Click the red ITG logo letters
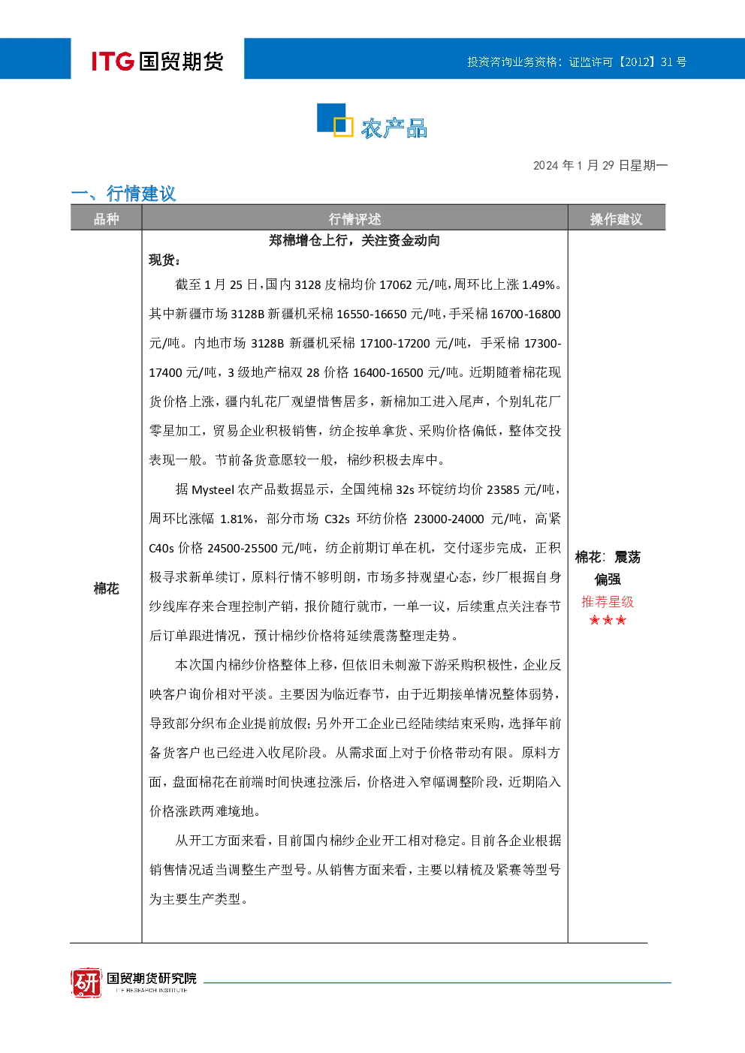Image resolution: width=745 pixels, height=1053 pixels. [x=113, y=61]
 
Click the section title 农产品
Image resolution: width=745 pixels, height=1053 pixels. [x=394, y=128]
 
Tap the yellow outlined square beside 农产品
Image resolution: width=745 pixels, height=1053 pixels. [x=343, y=126]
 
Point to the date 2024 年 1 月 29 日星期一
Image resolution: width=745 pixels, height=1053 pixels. [x=600, y=165]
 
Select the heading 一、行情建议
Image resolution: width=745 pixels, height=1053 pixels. [x=123, y=193]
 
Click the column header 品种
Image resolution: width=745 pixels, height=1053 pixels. [x=107, y=219]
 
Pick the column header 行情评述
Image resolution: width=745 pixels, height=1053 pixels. [x=354, y=219]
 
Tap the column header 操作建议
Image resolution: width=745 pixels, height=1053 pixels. [x=616, y=219]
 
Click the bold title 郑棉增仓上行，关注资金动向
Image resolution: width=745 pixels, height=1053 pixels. [x=354, y=241]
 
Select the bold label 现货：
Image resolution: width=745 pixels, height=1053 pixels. [x=164, y=260]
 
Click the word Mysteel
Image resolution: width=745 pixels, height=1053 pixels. [x=213, y=490]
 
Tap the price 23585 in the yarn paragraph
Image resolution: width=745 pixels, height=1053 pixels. [x=503, y=490]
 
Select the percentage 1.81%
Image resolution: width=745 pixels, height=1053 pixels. [x=237, y=519]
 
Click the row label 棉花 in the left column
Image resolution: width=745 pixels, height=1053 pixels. [x=107, y=588]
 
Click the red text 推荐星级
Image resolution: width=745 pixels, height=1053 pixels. [x=608, y=602]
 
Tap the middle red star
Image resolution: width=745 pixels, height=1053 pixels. [x=608, y=620]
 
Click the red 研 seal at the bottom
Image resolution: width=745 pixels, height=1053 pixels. [x=86, y=982]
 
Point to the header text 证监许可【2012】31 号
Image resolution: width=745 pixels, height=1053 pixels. [x=627, y=62]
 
